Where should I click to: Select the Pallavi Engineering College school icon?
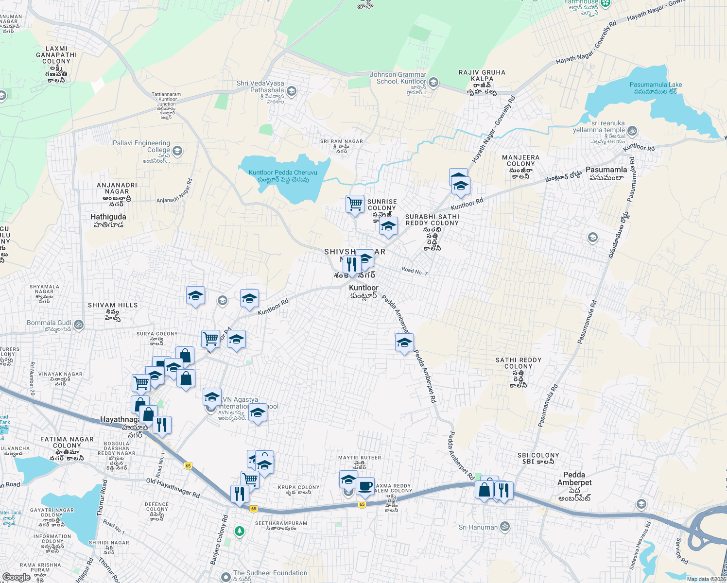(x=177, y=151)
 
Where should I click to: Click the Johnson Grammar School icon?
(x=433, y=82)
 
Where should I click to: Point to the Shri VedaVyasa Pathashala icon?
(x=292, y=91)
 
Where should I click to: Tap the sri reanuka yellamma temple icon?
(x=632, y=131)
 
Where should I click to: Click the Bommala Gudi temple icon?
(x=79, y=324)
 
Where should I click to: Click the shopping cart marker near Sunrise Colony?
(x=355, y=204)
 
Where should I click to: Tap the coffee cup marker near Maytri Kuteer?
(x=365, y=485)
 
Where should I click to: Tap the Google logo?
(x=16, y=577)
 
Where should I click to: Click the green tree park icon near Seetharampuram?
(x=239, y=532)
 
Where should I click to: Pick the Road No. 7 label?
(x=415, y=271)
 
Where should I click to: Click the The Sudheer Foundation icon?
(x=225, y=577)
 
